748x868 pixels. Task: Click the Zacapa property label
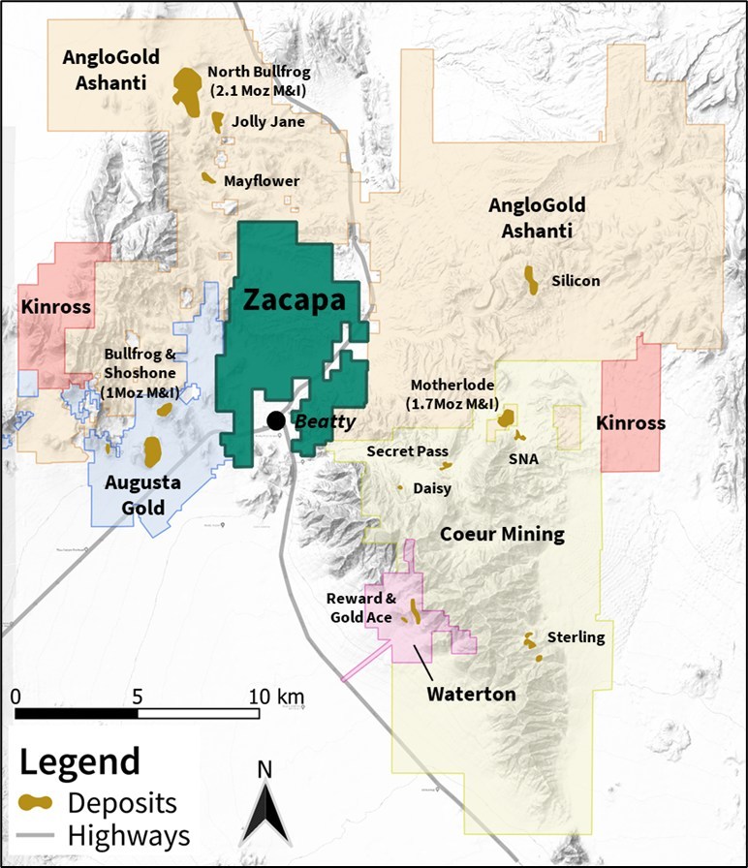click(x=294, y=300)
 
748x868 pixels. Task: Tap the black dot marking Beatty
click(x=276, y=419)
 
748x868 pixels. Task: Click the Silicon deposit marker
click(x=531, y=279)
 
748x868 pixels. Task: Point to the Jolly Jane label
click(x=268, y=122)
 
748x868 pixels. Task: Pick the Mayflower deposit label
click(x=262, y=181)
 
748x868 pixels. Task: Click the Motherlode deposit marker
click(x=505, y=418)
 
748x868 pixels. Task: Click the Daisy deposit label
click(x=432, y=488)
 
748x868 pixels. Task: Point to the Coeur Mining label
click(x=502, y=535)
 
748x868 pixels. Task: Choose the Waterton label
click(x=473, y=695)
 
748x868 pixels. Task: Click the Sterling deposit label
click(x=576, y=636)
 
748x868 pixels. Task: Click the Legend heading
click(x=80, y=759)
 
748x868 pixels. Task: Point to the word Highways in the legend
click(x=129, y=835)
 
